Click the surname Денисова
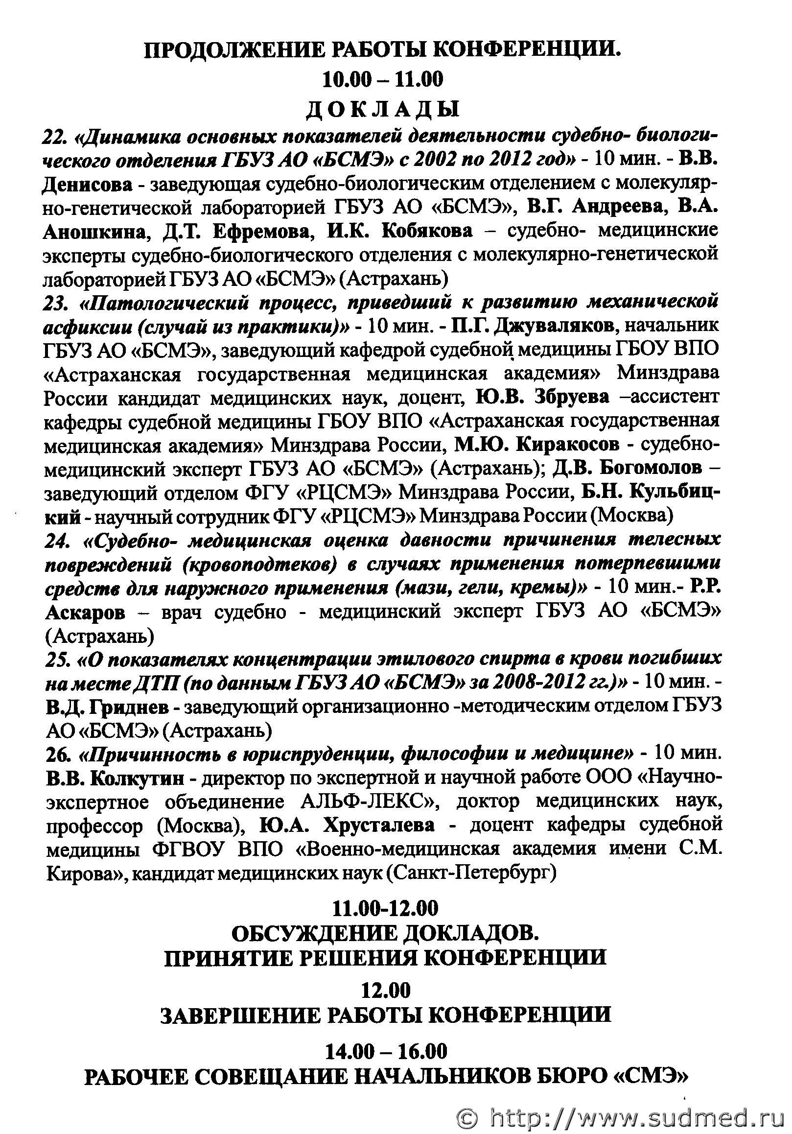click(x=88, y=184)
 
